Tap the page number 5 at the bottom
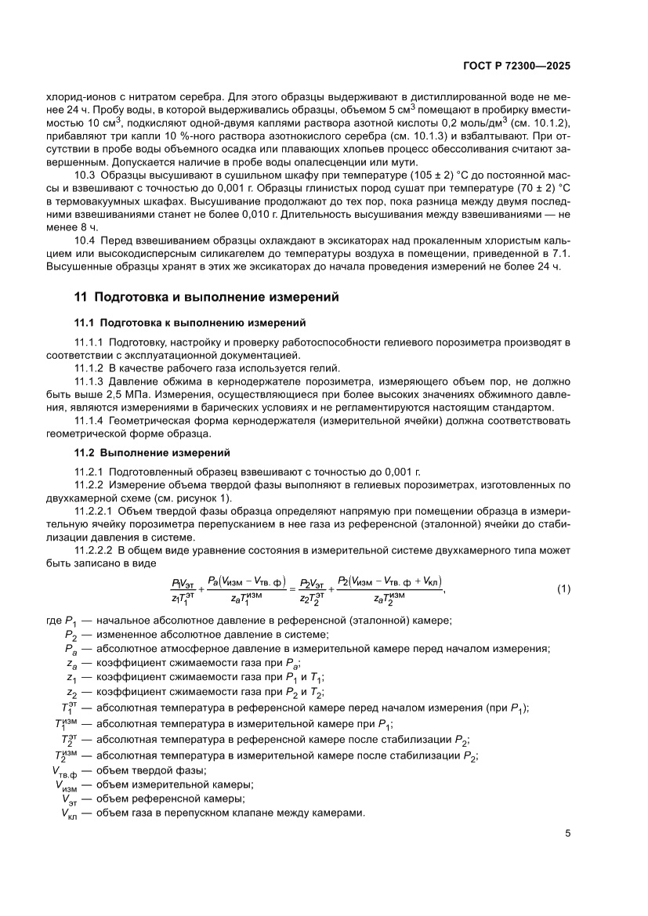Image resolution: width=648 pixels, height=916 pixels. click(x=567, y=833)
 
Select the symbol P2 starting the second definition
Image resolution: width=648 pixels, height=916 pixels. click(x=71, y=635)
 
